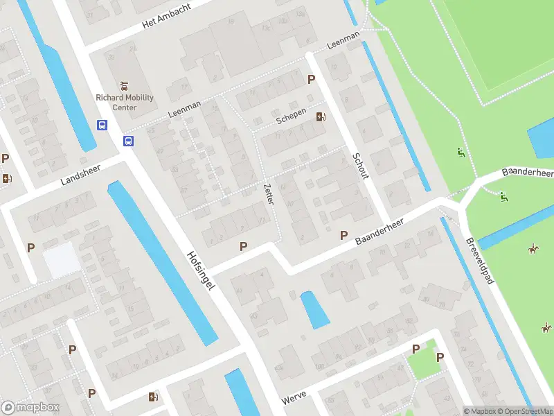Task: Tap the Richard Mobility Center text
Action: tap(125, 103)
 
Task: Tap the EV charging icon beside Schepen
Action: tap(321, 116)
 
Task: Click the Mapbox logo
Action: tap(30, 408)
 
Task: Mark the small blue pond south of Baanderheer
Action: tap(315, 310)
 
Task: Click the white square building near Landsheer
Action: tap(62, 259)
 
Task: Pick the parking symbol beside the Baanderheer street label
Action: tap(343, 236)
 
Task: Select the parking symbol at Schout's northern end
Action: tap(312, 79)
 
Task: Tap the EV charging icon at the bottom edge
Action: tap(154, 397)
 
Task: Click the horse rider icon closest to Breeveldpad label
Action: tap(533, 248)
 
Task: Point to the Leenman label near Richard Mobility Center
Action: tap(184, 110)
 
